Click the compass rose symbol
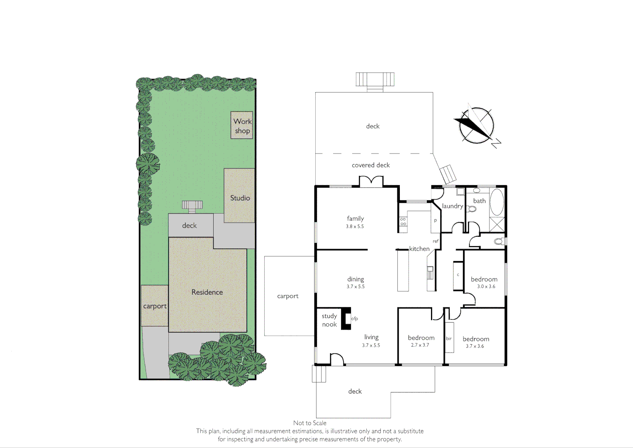(477, 125)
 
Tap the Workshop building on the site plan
(242, 125)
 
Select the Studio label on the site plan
(240, 198)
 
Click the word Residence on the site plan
(207, 292)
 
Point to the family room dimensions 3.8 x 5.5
(355, 226)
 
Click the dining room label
(355, 279)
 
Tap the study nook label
(329, 320)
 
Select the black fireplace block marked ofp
(346, 319)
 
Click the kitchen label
(419, 249)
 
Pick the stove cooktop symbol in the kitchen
(403, 222)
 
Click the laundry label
(452, 206)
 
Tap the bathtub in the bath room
(497, 202)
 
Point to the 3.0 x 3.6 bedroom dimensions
(486, 287)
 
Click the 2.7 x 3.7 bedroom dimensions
(420, 345)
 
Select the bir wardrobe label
(448, 338)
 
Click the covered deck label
(371, 165)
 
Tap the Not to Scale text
(309, 423)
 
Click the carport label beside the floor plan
(288, 296)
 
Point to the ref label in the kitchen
(436, 241)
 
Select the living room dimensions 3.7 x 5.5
(371, 345)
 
